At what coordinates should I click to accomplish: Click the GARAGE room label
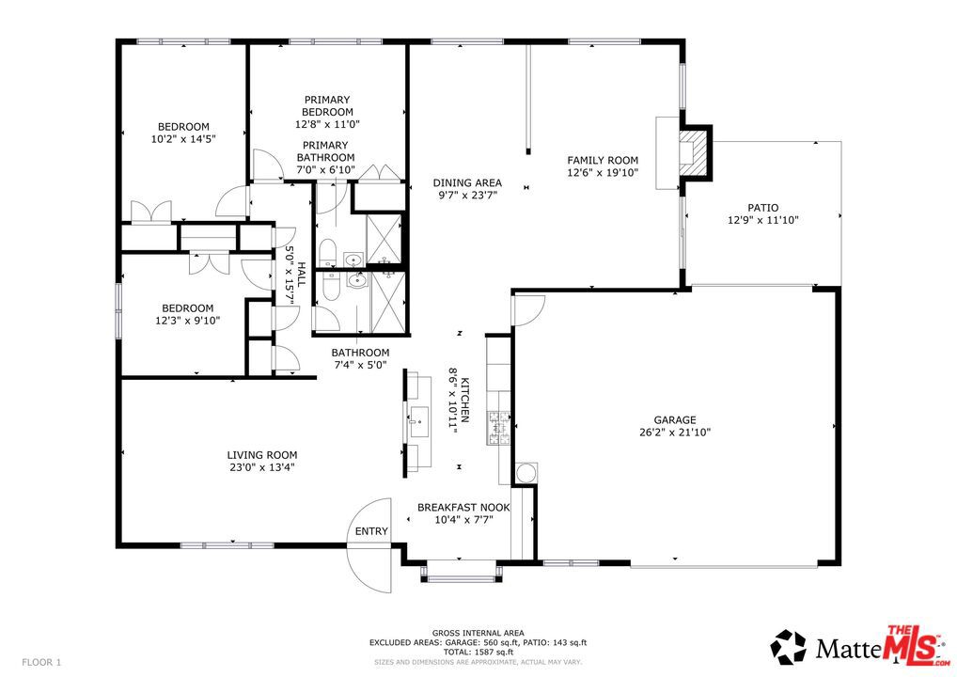pyautogui.click(x=674, y=420)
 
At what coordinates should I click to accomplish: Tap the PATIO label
pyautogui.click(x=763, y=208)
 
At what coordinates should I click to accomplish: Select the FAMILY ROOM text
pyautogui.click(x=603, y=160)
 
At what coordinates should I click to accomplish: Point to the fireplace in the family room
pyautogui.click(x=696, y=152)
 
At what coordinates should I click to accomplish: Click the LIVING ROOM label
pyautogui.click(x=262, y=455)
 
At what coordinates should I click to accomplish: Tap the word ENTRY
pyautogui.click(x=371, y=531)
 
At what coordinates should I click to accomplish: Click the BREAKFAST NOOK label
pyautogui.click(x=463, y=508)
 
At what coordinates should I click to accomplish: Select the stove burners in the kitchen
pyautogui.click(x=498, y=428)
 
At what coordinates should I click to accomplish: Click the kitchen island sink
pyautogui.click(x=418, y=421)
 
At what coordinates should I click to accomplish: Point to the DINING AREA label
pyautogui.click(x=467, y=182)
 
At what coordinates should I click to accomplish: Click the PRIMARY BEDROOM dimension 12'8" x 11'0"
pyautogui.click(x=327, y=124)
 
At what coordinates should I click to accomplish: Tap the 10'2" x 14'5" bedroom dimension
pyautogui.click(x=183, y=138)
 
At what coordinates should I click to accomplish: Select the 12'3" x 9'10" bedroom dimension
pyautogui.click(x=187, y=320)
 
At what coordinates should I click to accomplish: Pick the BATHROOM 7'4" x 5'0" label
pyautogui.click(x=360, y=359)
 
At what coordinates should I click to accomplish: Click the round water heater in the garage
pyautogui.click(x=526, y=473)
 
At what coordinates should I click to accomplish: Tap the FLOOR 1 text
pyautogui.click(x=41, y=662)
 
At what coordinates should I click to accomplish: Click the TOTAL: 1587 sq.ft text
pyautogui.click(x=478, y=652)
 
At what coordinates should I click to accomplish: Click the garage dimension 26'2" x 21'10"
pyautogui.click(x=674, y=433)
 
